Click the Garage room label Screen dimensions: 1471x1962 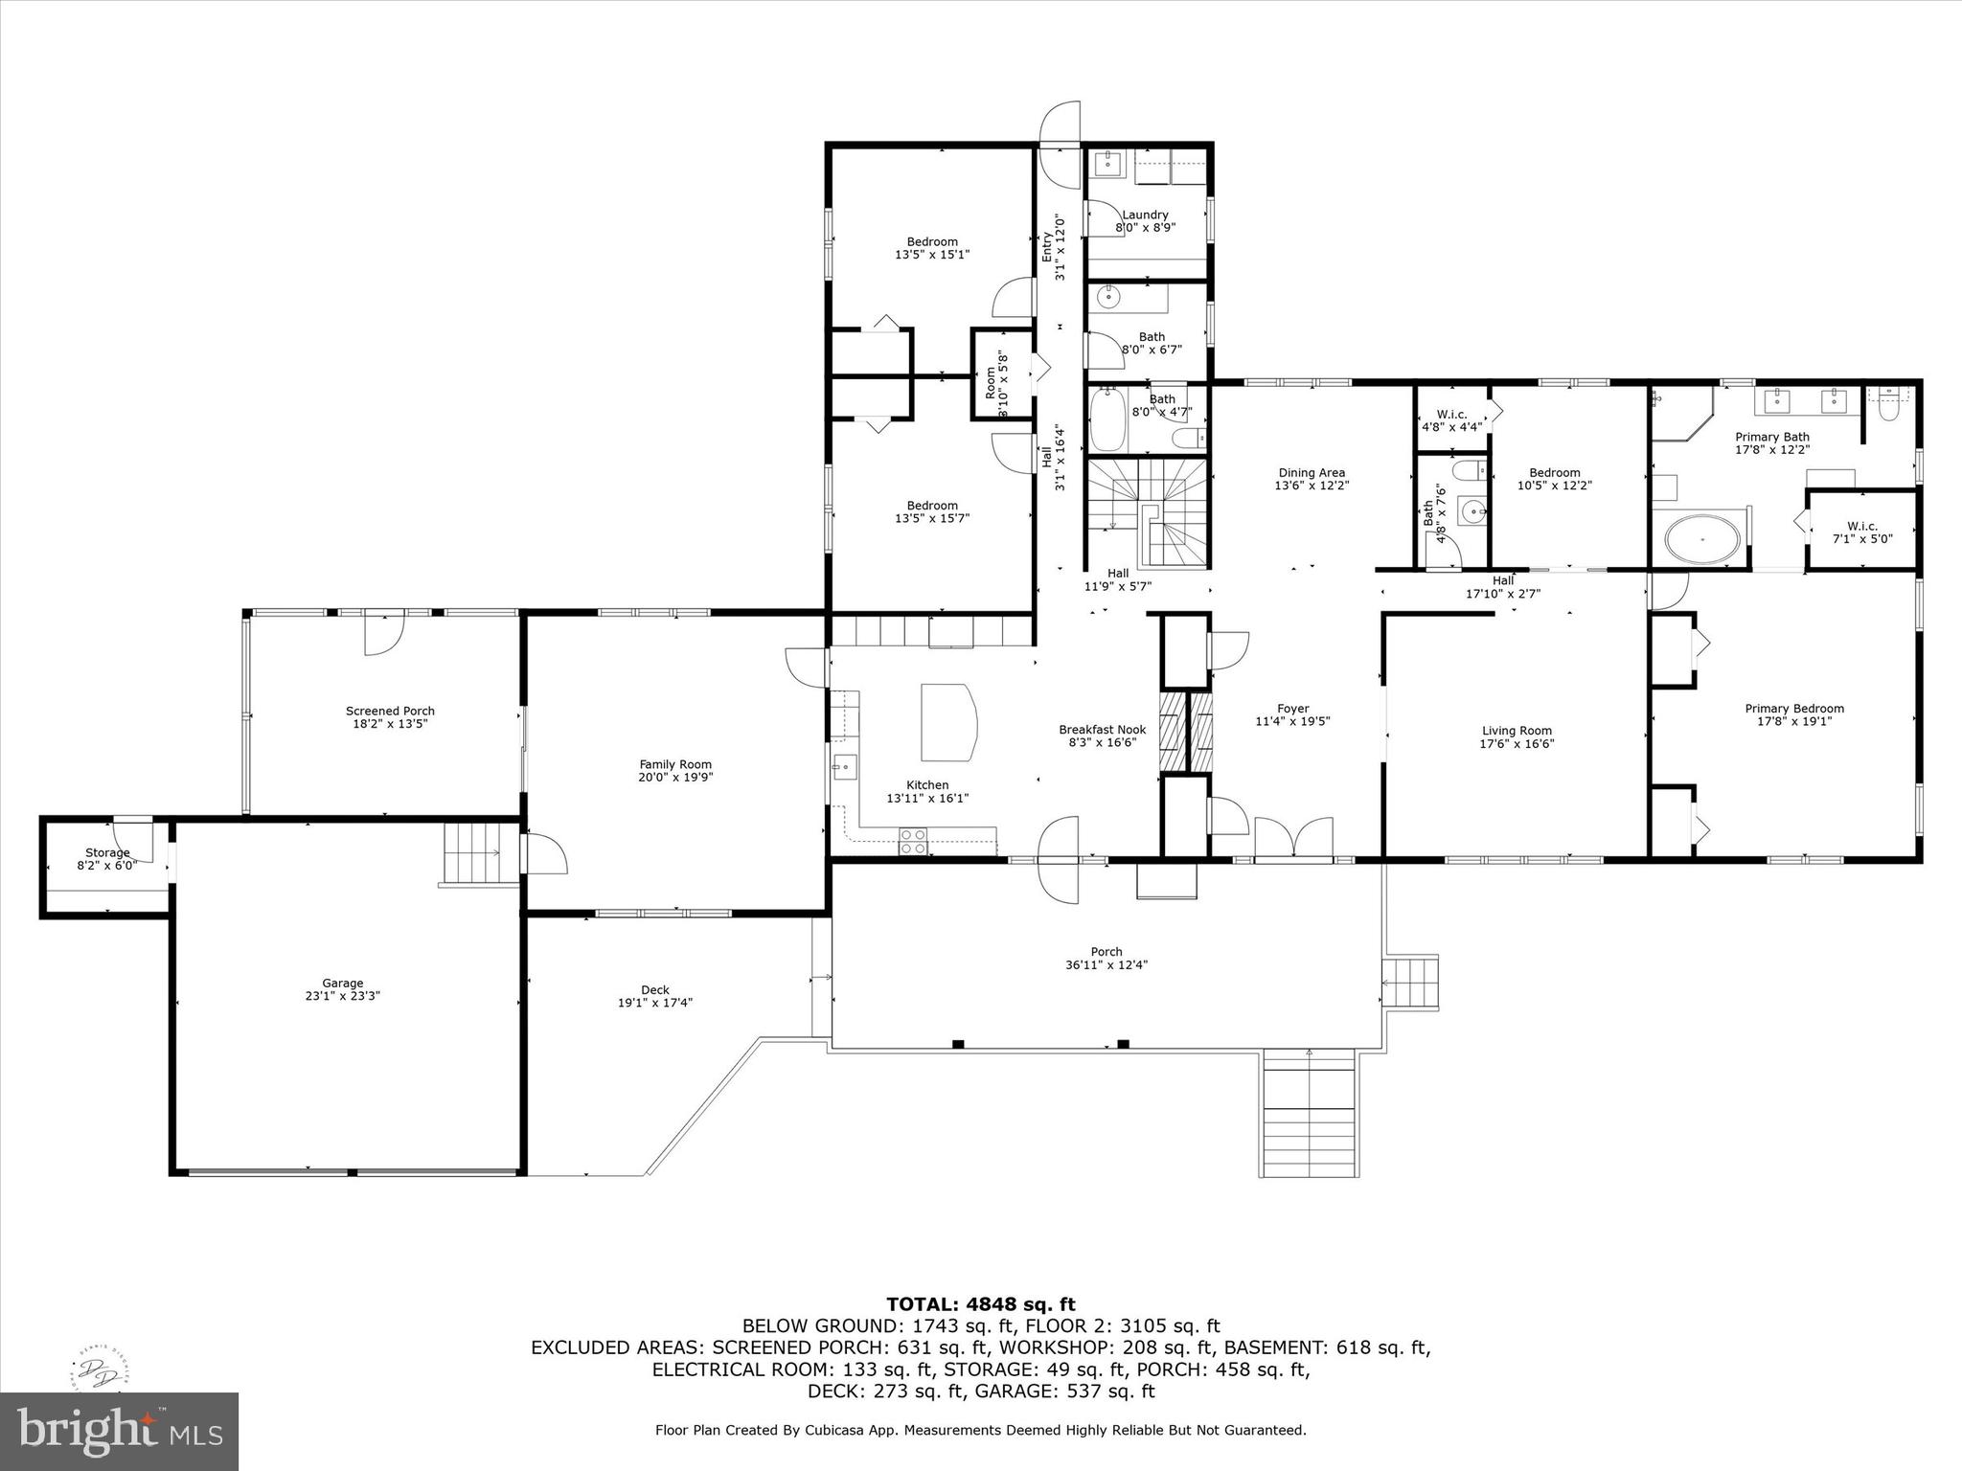tap(342, 983)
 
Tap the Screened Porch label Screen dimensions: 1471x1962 tap(390, 711)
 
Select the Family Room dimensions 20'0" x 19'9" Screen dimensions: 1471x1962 tap(675, 778)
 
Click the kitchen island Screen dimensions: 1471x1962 tap(948, 721)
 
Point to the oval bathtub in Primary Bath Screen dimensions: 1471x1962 tap(1702, 540)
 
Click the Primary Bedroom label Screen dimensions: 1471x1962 tap(1793, 709)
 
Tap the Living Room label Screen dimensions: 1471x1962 tap(1516, 731)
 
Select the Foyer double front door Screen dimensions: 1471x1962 tap(1293, 839)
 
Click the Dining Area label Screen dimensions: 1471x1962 tap(1311, 472)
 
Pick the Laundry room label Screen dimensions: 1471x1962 tap(1145, 215)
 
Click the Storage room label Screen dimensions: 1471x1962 tap(107, 852)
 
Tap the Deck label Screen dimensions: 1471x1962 tap(654, 990)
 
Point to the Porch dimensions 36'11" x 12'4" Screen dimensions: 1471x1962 tap(1106, 965)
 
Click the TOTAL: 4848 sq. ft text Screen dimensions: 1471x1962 tap(980, 1304)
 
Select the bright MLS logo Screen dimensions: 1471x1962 tap(119, 1431)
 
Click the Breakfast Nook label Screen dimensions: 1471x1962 tap(1102, 730)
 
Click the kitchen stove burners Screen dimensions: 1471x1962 tap(913, 841)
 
